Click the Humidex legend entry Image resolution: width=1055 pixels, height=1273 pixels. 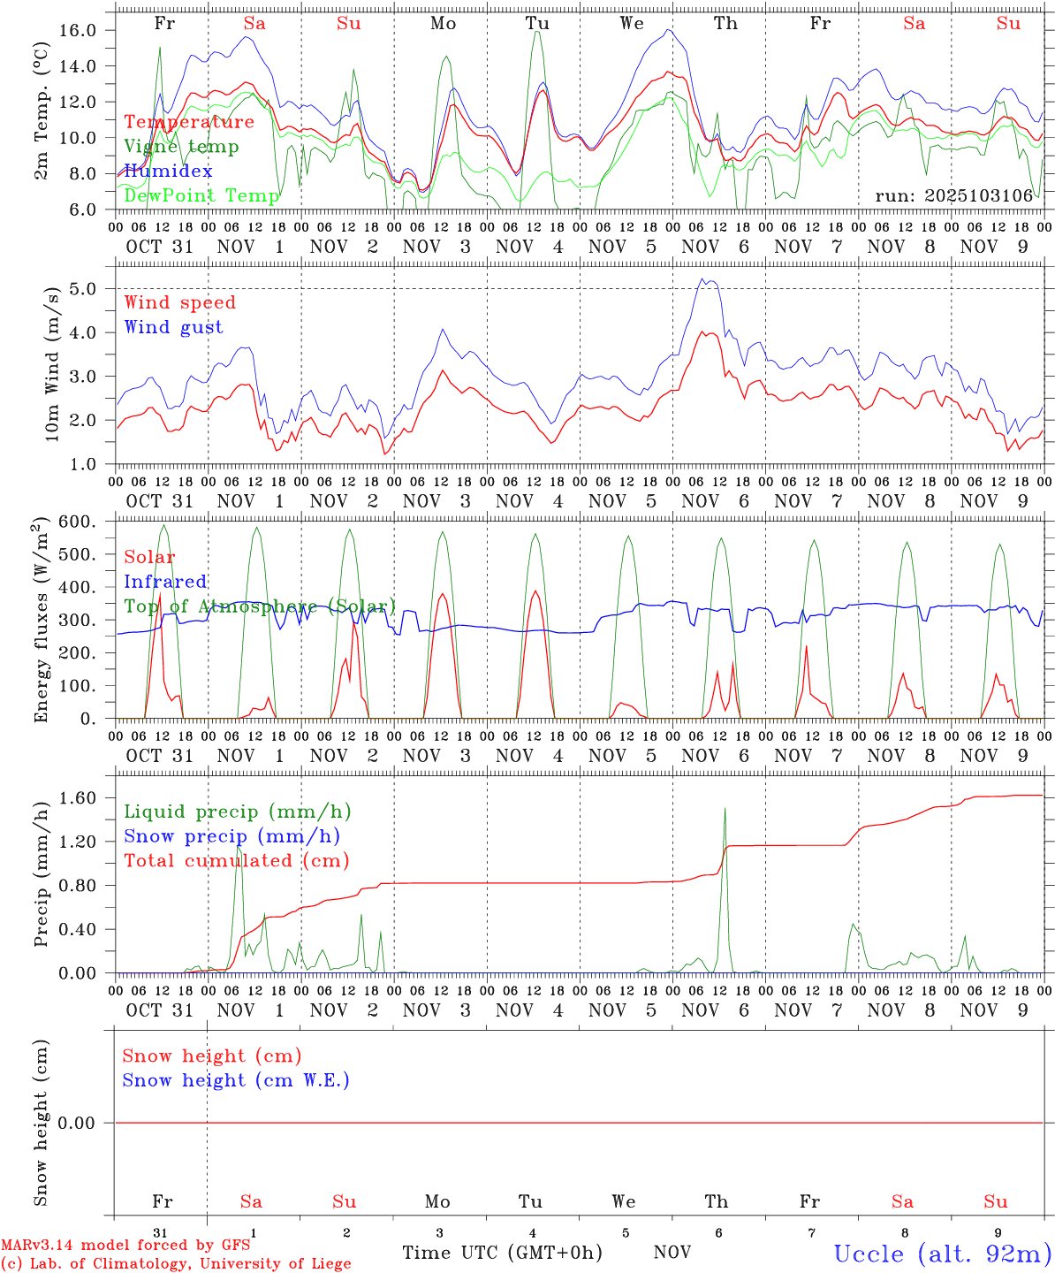click(168, 172)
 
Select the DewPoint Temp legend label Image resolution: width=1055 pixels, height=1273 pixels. click(201, 195)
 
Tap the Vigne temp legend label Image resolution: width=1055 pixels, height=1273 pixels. click(181, 147)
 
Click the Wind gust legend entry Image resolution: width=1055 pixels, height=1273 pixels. click(173, 327)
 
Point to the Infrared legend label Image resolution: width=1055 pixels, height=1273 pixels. click(165, 582)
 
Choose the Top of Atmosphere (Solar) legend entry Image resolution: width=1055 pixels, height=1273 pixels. click(260, 606)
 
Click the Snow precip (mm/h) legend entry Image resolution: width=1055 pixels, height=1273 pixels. click(231, 836)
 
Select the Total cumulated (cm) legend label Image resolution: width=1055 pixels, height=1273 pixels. click(236, 861)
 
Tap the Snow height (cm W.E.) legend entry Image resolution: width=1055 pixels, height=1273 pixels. click(235, 1080)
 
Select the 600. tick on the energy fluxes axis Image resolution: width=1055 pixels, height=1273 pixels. click(79, 522)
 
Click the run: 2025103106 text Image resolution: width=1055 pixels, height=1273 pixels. click(953, 195)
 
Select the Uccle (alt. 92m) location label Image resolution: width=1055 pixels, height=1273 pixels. click(942, 1254)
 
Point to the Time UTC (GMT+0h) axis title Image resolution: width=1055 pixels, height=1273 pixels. click(502, 1253)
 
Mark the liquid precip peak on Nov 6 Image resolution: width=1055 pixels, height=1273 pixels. click(725, 808)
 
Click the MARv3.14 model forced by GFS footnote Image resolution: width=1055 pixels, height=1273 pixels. click(125, 1246)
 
